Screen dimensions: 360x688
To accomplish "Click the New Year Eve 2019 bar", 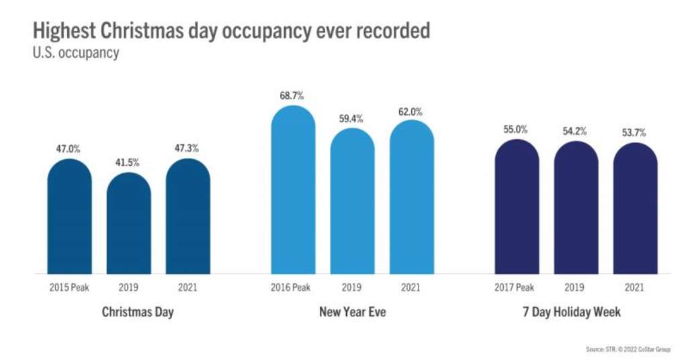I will [352, 201].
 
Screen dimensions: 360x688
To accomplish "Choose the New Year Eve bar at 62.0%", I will [411, 197].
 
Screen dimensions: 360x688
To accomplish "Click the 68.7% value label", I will [293, 95].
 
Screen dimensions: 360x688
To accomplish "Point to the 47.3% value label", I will [188, 148].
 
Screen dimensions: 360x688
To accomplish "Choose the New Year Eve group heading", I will [351, 312].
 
